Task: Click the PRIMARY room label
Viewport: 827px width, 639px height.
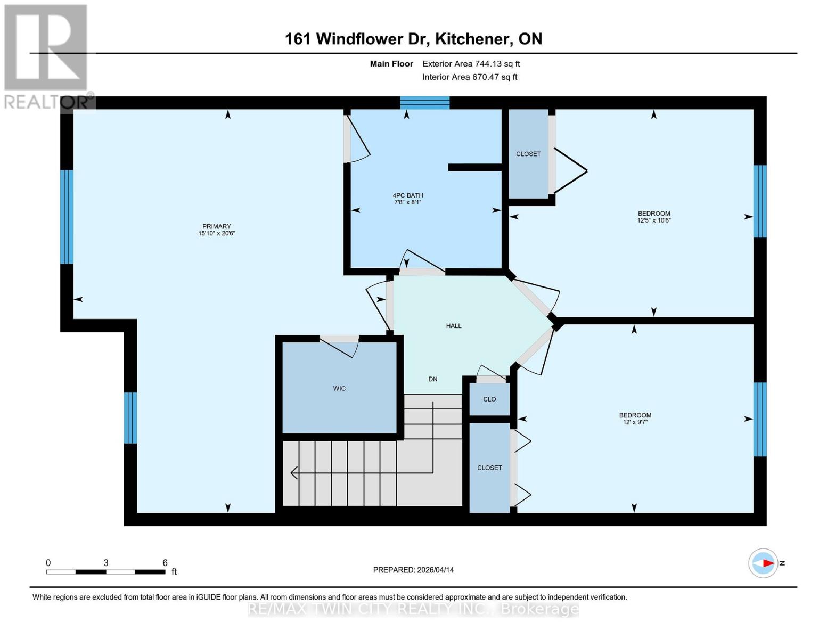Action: point(216,226)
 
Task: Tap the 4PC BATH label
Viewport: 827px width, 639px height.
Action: point(408,195)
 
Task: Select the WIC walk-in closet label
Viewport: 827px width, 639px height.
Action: point(339,389)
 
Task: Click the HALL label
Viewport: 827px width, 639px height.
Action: point(454,326)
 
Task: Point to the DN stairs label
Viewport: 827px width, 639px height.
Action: point(433,379)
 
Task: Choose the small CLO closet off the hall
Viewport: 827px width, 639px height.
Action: point(489,399)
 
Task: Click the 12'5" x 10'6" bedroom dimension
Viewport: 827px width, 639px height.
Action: point(654,220)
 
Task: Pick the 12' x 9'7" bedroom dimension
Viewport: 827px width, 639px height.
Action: point(635,422)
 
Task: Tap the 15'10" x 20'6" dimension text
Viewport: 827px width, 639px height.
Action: point(217,233)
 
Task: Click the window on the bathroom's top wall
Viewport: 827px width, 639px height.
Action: point(425,103)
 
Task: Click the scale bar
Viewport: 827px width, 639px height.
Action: point(105,572)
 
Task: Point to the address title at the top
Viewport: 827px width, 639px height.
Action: point(413,39)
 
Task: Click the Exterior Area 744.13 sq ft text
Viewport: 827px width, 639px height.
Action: point(471,64)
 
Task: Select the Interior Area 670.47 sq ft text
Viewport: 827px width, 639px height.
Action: point(470,77)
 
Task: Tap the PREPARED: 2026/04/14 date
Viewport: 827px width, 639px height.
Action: point(413,570)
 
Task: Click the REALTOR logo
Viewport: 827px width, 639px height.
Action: point(46,56)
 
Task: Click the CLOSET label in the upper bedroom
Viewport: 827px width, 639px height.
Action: point(528,154)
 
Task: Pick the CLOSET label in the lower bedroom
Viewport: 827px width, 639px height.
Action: point(489,468)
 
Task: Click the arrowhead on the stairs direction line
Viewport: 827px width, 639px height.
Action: point(294,472)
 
